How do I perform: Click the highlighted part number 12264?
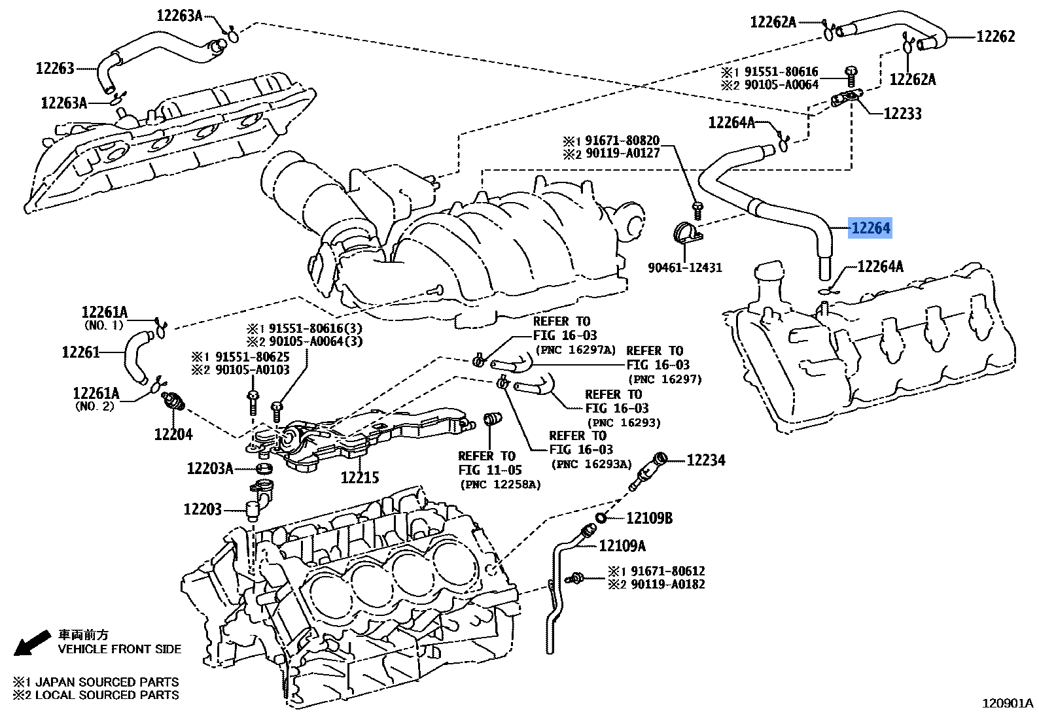870,228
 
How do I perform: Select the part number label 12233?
902,114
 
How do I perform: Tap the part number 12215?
359,478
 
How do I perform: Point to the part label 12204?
173,434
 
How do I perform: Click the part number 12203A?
209,468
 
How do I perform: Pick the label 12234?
706,460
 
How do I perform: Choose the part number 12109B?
649,519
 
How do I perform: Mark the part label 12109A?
622,545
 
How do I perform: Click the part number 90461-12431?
685,267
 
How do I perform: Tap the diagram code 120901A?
1008,704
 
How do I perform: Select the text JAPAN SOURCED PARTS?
107,681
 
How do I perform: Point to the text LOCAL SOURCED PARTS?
107,694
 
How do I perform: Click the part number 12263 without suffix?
55,68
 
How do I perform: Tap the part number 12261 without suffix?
81,352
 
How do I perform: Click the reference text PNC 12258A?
501,485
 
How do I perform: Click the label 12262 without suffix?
996,37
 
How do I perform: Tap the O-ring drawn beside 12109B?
600,519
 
